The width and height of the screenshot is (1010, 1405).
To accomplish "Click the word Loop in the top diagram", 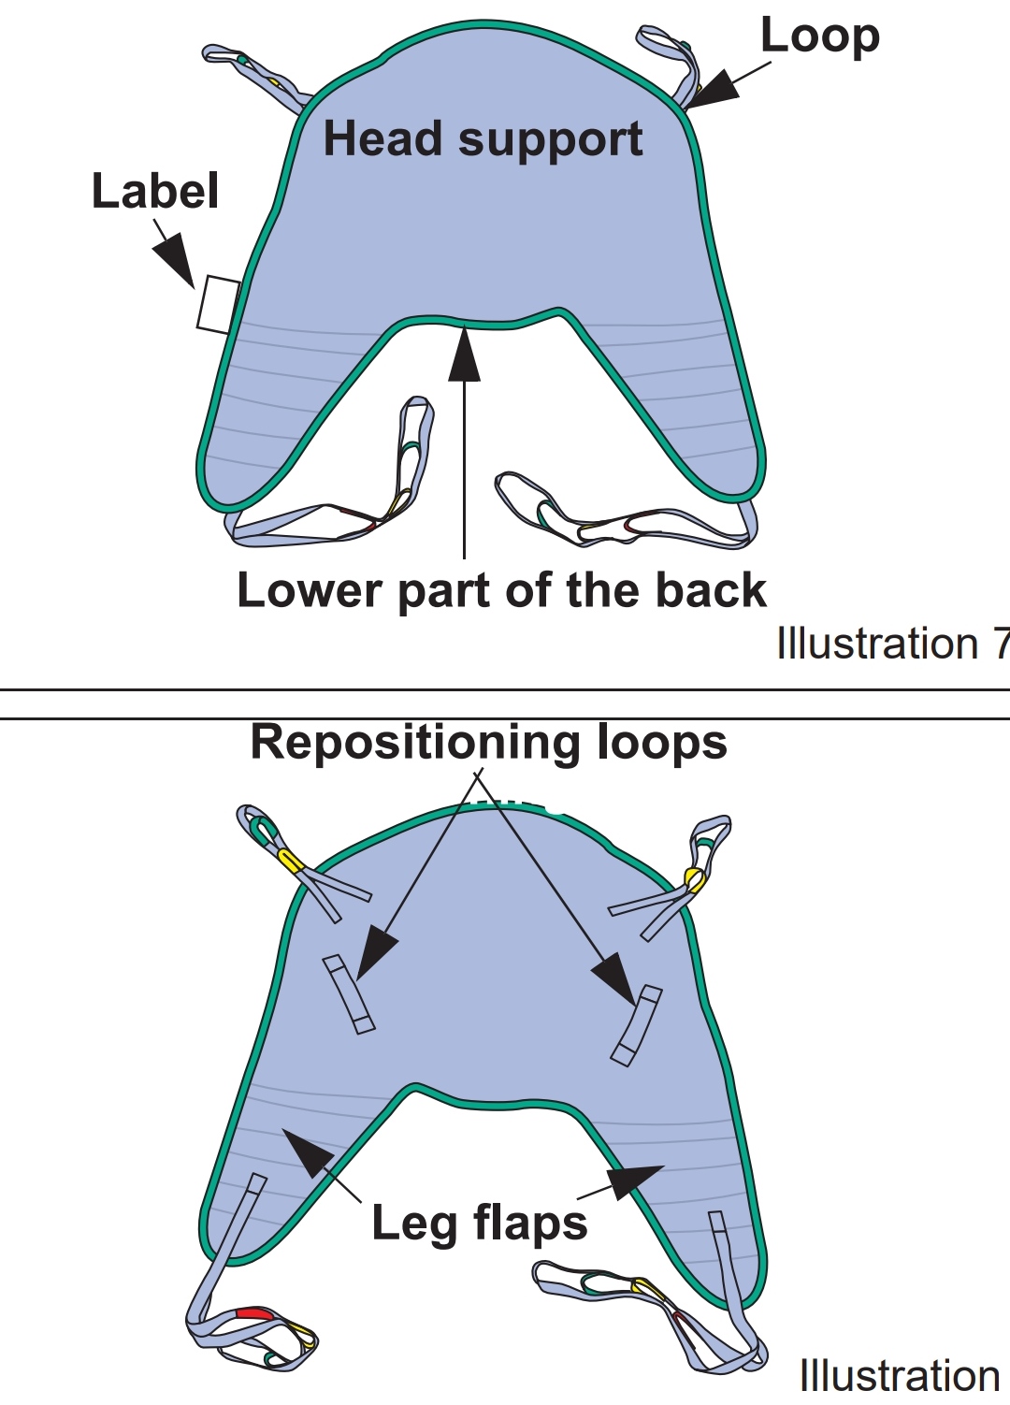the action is (819, 37).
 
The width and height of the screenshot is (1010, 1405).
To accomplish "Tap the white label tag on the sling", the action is (218, 305).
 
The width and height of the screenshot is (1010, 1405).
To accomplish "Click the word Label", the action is (155, 192).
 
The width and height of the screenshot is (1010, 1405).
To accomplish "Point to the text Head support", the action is (483, 140).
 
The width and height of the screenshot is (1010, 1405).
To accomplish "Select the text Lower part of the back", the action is (501, 592).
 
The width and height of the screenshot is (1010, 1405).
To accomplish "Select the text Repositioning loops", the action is (488, 743).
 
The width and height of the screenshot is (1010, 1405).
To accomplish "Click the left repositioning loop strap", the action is (349, 994).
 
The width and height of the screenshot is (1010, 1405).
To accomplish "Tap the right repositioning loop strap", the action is (636, 1024).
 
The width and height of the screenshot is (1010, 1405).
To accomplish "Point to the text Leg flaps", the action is (480, 1224).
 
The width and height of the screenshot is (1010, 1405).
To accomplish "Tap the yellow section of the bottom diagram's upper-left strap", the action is (289, 858).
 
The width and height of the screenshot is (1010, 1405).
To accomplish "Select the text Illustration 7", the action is (893, 644).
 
